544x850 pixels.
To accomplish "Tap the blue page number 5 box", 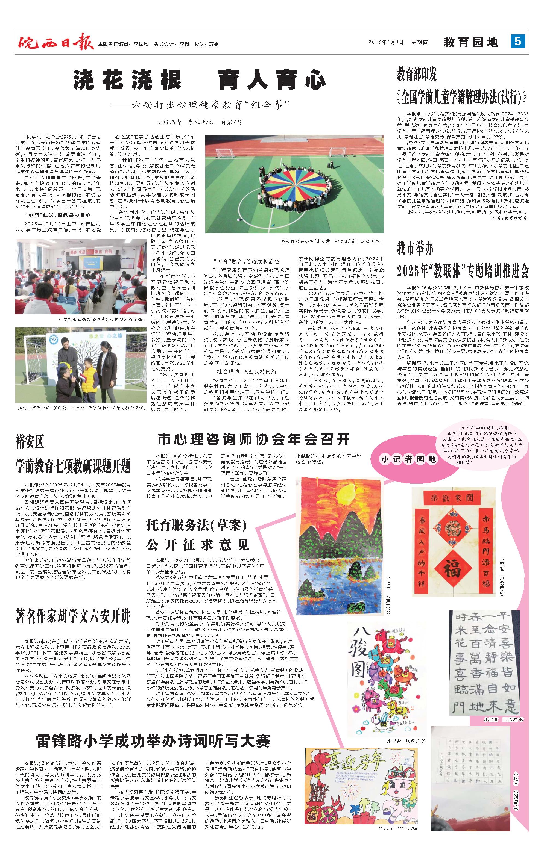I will (518, 42).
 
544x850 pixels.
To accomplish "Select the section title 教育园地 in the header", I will (471, 42).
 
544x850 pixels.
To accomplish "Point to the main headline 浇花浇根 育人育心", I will (200, 80).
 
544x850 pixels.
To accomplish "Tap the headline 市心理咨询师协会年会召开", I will (254, 439).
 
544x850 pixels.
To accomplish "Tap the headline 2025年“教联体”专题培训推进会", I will (463, 270).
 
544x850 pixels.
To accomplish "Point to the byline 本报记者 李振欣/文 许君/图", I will (200, 122).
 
